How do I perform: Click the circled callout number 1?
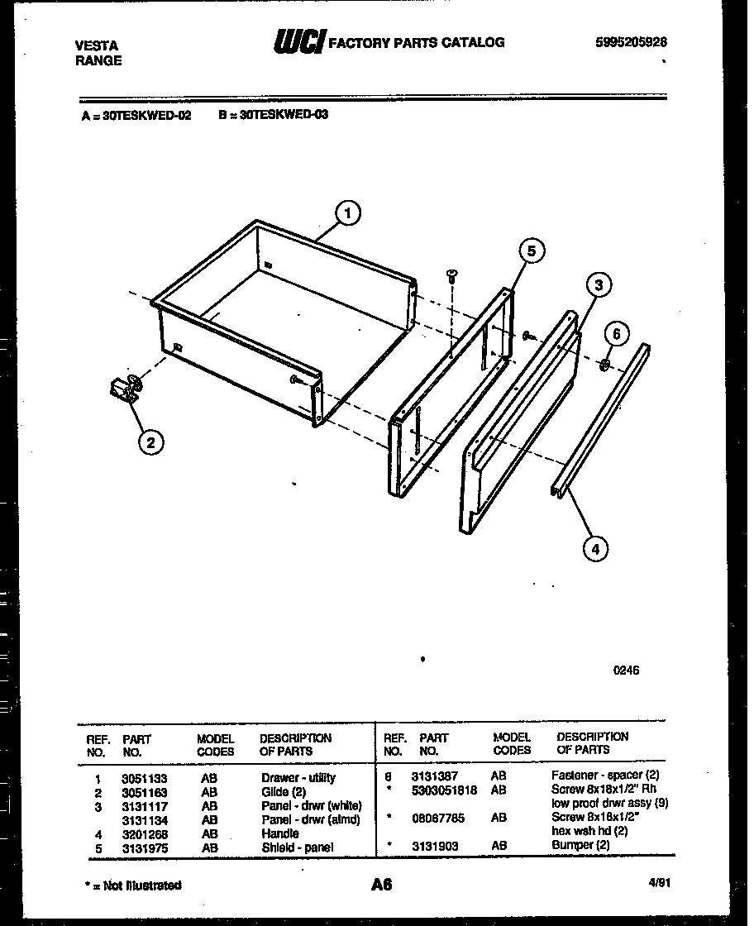click(x=348, y=213)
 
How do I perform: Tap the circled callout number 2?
click(x=150, y=442)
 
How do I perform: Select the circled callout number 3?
click(x=599, y=286)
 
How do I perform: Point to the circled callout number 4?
click(x=594, y=547)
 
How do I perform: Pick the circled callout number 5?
click(x=532, y=251)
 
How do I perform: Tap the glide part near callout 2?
click(x=124, y=389)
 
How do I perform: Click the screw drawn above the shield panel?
click(x=451, y=275)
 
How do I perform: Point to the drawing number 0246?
click(x=626, y=671)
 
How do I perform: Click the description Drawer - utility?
click(x=298, y=778)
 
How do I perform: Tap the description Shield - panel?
click(x=298, y=847)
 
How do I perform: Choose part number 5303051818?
click(x=444, y=790)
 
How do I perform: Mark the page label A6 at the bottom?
click(x=380, y=885)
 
